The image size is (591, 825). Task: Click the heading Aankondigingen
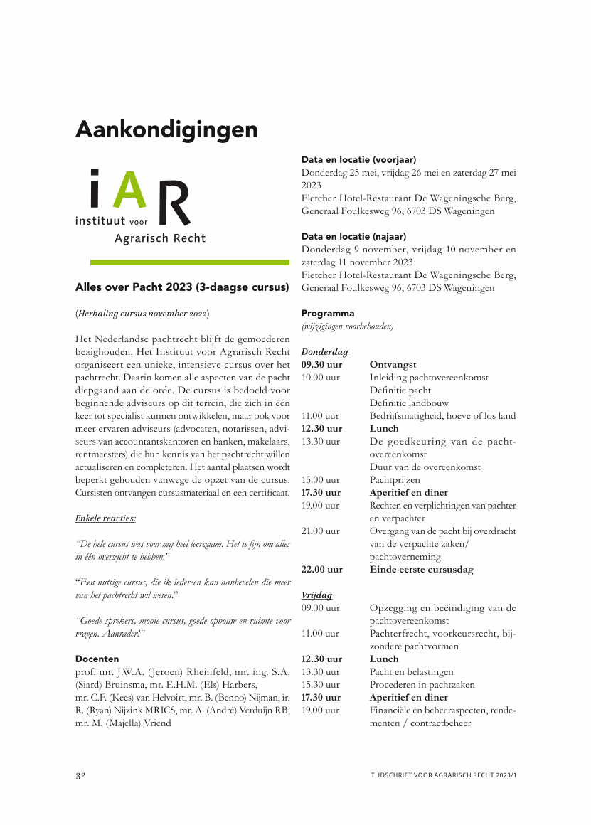point(166,130)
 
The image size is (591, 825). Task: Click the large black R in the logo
point(174,203)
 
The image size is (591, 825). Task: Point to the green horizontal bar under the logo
point(182,262)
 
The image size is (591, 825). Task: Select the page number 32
point(81,775)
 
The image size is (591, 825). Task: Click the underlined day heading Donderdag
point(324,352)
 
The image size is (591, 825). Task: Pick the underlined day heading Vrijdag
point(316,595)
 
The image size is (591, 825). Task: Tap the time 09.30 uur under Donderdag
point(321,365)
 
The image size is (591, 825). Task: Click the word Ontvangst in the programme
point(393,365)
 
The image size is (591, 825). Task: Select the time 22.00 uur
point(321,570)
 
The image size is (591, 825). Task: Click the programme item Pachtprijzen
point(395,480)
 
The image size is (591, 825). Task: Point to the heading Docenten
point(97,659)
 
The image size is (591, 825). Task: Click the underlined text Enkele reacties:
point(105,518)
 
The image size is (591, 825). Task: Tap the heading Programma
point(327,314)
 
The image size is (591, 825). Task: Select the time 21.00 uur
point(321,531)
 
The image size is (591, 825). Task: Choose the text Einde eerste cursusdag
point(421,570)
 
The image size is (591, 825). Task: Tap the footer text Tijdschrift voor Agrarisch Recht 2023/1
point(442,775)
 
